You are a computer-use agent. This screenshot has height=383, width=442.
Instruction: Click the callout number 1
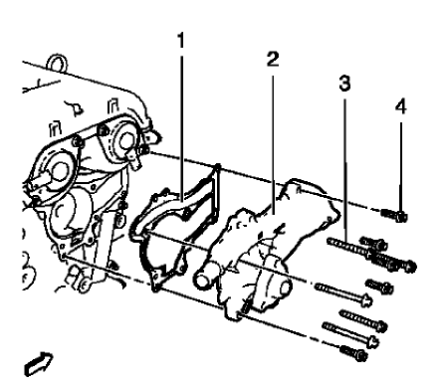coord(181,41)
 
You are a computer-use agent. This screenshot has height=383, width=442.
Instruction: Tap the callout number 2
coord(273,60)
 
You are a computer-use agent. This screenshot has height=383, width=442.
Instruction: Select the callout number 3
coord(344,84)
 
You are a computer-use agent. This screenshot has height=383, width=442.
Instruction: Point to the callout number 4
coord(401,106)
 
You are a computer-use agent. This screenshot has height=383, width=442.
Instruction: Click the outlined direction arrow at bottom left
coord(39,364)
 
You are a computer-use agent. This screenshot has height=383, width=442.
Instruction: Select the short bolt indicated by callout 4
coord(394,215)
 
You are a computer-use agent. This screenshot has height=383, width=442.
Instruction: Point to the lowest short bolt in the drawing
coord(353,352)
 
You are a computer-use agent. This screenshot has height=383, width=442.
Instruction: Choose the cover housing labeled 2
coord(276,246)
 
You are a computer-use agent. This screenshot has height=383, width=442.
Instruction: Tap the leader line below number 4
coord(401,167)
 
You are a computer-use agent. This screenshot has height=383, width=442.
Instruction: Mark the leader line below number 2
coord(273,143)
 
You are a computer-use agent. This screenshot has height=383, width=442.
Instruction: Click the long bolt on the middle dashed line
coord(343,293)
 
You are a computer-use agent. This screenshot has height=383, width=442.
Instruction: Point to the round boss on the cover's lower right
coord(285,287)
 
